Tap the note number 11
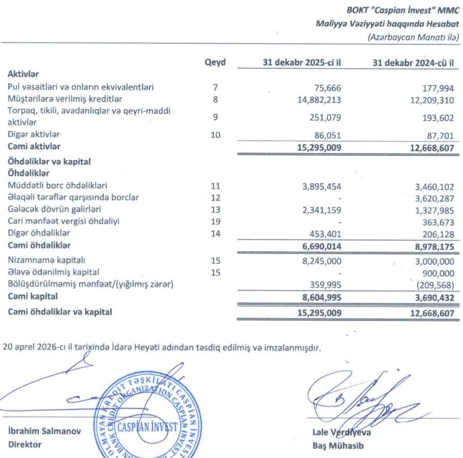215,186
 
